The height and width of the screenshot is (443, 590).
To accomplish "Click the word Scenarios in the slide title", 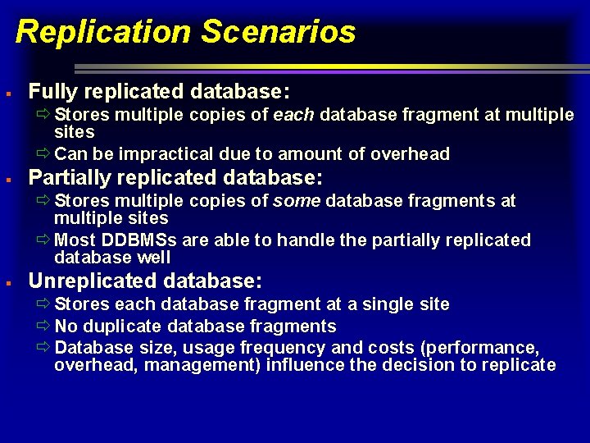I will (x=278, y=32).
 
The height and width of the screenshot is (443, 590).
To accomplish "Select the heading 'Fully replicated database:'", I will (x=160, y=90).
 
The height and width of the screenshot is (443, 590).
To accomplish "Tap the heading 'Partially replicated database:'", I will (x=176, y=177).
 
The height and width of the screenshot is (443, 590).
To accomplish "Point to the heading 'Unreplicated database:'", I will (x=145, y=281).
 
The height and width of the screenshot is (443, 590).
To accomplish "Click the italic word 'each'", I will (x=294, y=115).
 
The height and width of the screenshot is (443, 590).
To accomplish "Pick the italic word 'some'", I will (x=297, y=201).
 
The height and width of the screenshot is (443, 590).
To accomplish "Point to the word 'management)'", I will (x=212, y=365).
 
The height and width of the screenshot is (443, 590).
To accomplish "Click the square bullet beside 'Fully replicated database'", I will (x=7, y=91).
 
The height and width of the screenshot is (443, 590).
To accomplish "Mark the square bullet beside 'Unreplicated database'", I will (x=7, y=282).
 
